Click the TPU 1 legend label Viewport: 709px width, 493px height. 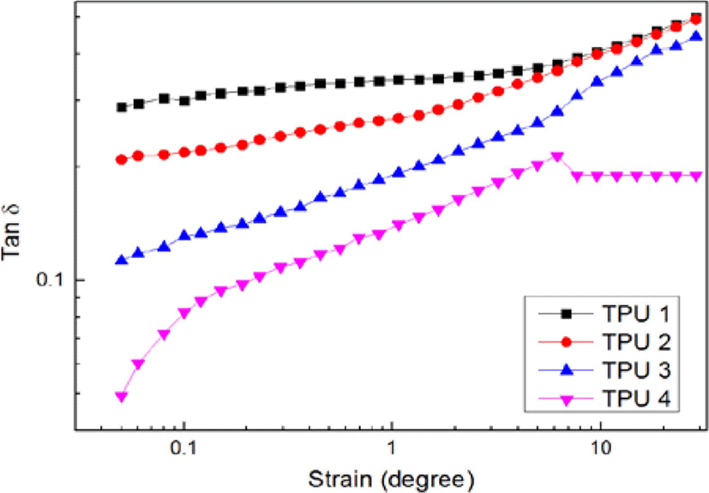[636, 313]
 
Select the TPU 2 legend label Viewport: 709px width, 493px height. [636, 341]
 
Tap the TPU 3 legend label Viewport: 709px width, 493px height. [636, 370]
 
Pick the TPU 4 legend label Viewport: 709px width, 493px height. [636, 399]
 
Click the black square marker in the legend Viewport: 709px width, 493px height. [566, 313]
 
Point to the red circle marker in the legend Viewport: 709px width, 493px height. [566, 342]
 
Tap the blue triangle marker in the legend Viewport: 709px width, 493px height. [566, 370]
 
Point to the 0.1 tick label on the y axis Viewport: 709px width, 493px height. [52, 280]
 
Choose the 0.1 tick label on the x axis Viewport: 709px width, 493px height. [184, 448]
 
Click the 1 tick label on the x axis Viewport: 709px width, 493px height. [392, 448]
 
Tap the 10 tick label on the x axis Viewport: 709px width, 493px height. [600, 448]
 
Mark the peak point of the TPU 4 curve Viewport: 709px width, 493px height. [557, 157]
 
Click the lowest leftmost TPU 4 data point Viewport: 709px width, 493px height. [121, 397]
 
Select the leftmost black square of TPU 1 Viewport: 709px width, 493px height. [121, 107]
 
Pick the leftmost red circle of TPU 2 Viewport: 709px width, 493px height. [121, 159]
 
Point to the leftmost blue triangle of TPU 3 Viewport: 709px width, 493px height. [121, 260]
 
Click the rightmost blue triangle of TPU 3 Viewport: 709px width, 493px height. [696, 35]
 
